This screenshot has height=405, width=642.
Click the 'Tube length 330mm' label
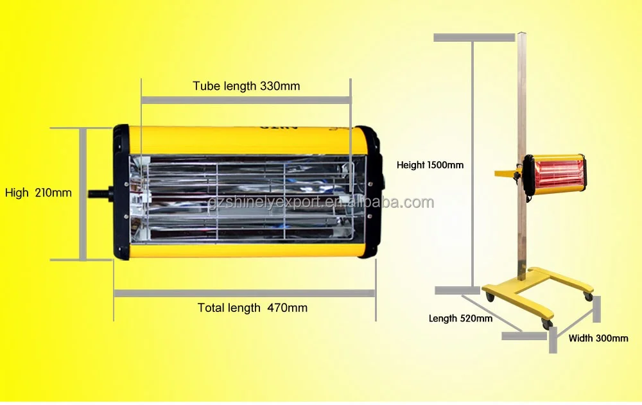246,85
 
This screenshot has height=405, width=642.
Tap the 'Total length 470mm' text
252,308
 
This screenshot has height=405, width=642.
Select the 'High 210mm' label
39,193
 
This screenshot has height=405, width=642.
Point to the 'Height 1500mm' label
429,165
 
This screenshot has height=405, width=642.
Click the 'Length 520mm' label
460,318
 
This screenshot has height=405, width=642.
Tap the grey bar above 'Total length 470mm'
244,293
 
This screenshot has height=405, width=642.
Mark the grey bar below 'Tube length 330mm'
246,99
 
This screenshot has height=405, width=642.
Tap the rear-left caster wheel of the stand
490,297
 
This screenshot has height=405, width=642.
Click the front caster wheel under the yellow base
546,324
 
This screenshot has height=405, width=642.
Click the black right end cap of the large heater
370,193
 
